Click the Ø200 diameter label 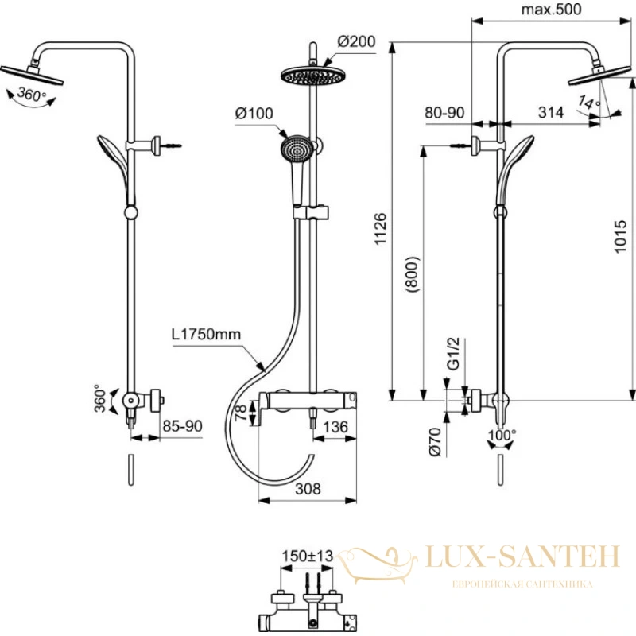tap(356, 42)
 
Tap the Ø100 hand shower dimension tap(254, 114)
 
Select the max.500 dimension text tap(551, 10)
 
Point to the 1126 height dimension tap(381, 229)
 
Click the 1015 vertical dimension tap(620, 237)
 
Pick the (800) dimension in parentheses tap(412, 274)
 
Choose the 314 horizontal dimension tap(551, 112)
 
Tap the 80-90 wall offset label tap(444, 113)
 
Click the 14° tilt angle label tap(588, 102)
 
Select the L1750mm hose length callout tap(206, 334)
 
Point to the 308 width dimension tap(308, 489)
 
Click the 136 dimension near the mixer tap(335, 427)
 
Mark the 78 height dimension tap(241, 413)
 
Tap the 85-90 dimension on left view tap(182, 426)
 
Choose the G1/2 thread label tap(453, 353)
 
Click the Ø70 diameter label tap(435, 442)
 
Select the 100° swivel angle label tap(502, 435)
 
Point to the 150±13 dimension tap(308, 556)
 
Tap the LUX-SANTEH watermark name tap(523, 556)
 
